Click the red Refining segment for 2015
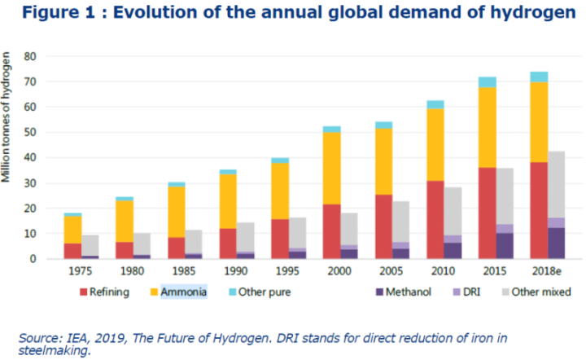pos(487,213)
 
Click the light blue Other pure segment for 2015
pos(487,81)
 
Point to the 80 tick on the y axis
pos(31,56)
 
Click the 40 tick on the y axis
pos(31,157)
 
